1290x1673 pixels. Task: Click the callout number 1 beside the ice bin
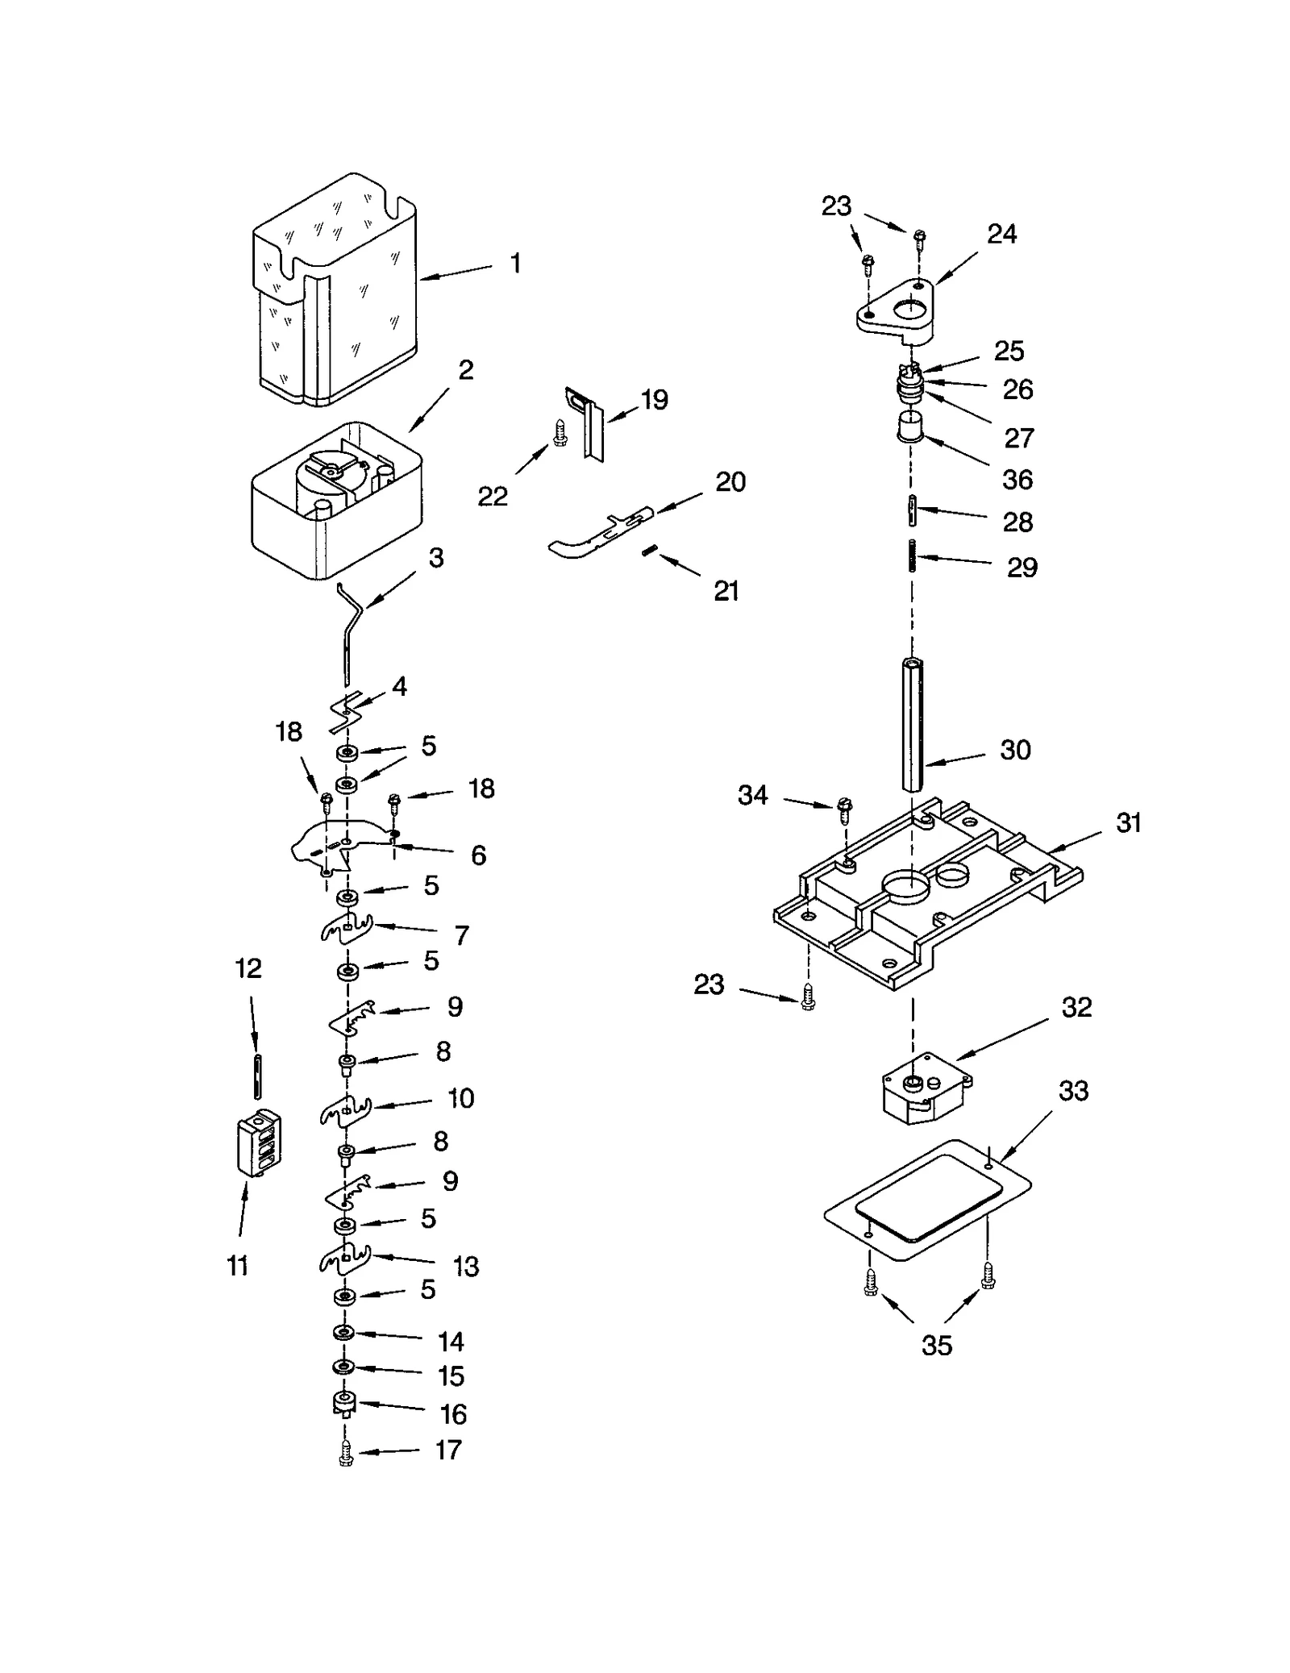pyautogui.click(x=515, y=263)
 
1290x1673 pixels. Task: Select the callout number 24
pyautogui.click(x=1001, y=234)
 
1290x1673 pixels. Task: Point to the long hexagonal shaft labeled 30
pyautogui.click(x=912, y=726)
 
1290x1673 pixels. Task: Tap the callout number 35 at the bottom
pyautogui.click(x=936, y=1345)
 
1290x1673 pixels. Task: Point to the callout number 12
pyautogui.click(x=248, y=968)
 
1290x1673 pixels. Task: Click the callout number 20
pyautogui.click(x=730, y=481)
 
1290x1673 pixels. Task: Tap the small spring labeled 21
pyautogui.click(x=651, y=551)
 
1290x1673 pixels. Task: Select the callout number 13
pyautogui.click(x=466, y=1266)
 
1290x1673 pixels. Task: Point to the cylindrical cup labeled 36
pyautogui.click(x=911, y=426)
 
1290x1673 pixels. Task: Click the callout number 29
pyautogui.click(x=1022, y=567)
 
